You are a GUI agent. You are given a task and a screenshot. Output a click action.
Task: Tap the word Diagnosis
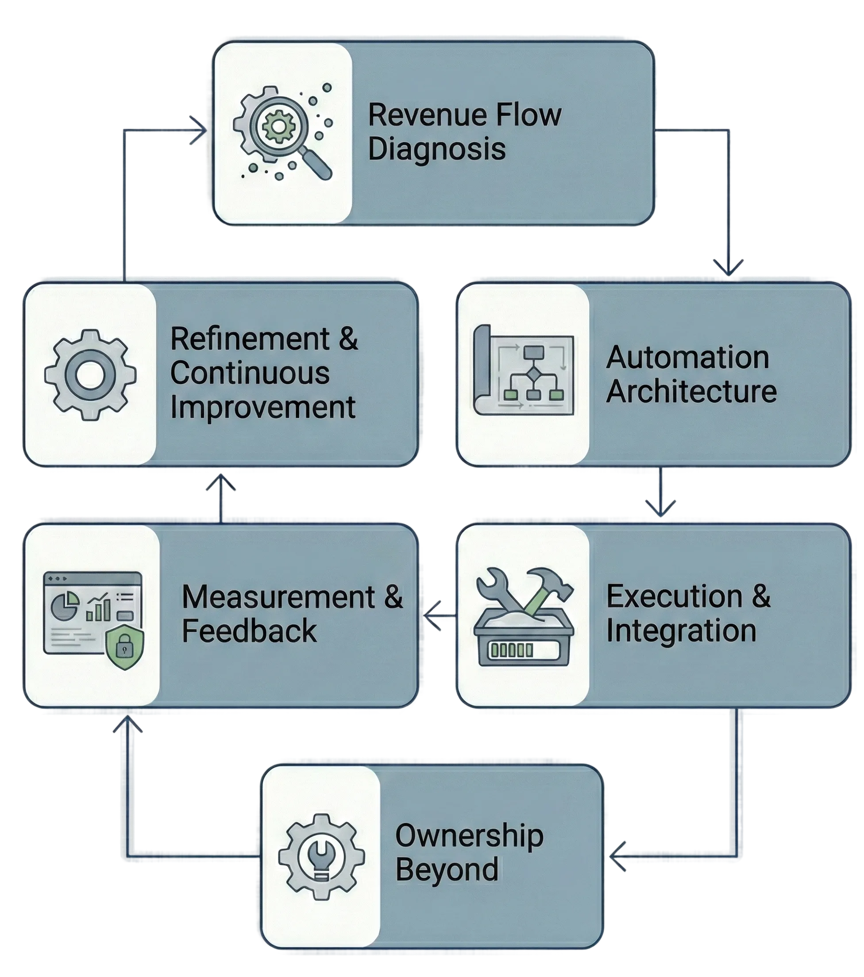pyautogui.click(x=436, y=149)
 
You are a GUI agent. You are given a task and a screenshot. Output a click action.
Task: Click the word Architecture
pyautogui.click(x=691, y=392)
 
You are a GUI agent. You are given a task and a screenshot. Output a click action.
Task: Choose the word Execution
pyautogui.click(x=674, y=596)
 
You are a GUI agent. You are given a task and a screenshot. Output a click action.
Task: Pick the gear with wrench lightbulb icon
pyautogui.click(x=321, y=857)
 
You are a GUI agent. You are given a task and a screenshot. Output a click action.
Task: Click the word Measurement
pyautogui.click(x=278, y=597)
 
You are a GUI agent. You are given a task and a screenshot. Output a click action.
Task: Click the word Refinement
pyautogui.click(x=250, y=339)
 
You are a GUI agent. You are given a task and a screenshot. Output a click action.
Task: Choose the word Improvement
pyautogui.click(x=262, y=407)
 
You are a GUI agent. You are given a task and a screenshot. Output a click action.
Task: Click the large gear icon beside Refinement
pyautogui.click(x=90, y=375)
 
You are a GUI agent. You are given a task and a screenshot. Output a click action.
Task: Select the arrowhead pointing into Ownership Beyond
pyautogui.click(x=617, y=856)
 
